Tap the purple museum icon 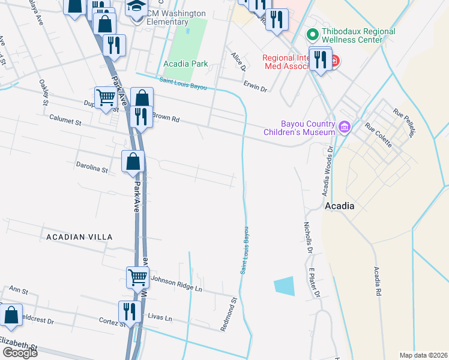tap(344, 127)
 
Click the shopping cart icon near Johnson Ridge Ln tap(137, 277)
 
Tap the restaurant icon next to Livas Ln tap(130, 311)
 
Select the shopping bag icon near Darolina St tap(133, 161)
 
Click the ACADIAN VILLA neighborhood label tap(79, 237)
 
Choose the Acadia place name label tap(339, 206)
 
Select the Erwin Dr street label tap(255, 87)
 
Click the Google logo tap(20, 353)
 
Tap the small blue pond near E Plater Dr tap(285, 286)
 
